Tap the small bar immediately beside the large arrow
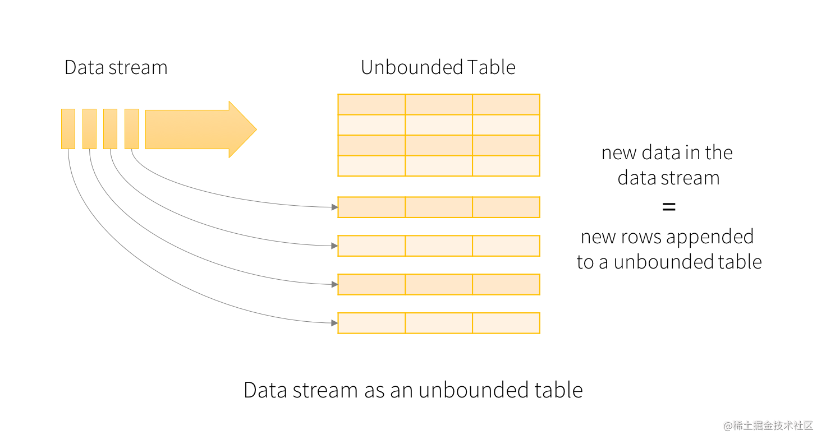[131, 129]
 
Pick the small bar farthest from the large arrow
[68, 129]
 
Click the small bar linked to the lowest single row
[68, 129]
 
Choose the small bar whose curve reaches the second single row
[110, 129]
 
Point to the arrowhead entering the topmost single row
[334, 207]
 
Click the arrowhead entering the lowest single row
[334, 323]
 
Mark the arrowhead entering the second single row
[334, 246]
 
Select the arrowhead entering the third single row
[334, 284]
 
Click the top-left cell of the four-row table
[371, 104]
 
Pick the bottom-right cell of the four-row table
[506, 166]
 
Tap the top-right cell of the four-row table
[506, 104]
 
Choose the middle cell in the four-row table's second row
[439, 125]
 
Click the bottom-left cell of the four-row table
[371, 166]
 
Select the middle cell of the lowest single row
[439, 323]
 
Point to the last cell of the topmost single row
[506, 207]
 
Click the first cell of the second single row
[371, 246]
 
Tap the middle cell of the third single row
[439, 284]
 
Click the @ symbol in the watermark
[727, 425]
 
